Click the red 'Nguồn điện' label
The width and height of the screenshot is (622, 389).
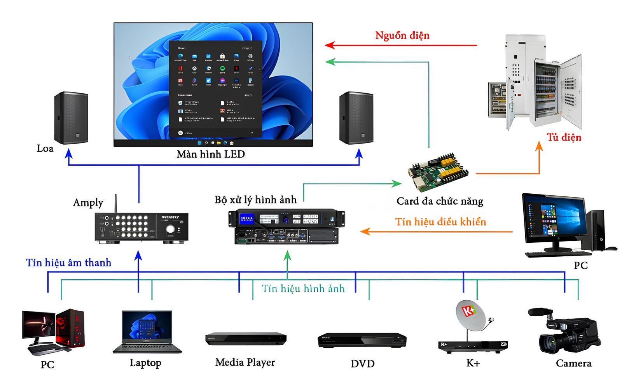(402, 35)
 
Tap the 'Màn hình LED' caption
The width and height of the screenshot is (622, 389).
(211, 154)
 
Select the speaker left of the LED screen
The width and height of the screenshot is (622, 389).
(71, 118)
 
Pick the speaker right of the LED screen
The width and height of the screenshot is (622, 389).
(356, 118)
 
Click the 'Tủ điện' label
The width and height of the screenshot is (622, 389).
(564, 137)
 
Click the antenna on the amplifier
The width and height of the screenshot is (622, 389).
(115, 204)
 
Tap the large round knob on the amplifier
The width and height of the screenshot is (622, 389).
(170, 229)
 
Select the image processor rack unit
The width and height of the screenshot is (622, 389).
(286, 226)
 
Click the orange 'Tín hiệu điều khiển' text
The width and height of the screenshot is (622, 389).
(440, 222)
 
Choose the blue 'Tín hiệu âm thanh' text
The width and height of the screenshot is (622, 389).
(69, 263)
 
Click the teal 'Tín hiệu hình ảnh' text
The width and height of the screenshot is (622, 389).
(303, 289)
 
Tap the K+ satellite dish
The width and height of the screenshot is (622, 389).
(470, 315)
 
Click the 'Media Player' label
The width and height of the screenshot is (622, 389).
(245, 363)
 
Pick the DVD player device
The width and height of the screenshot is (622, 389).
(362, 340)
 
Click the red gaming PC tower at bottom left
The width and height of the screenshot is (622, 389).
(71, 328)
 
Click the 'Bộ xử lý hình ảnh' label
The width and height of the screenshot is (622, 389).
(255, 200)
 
